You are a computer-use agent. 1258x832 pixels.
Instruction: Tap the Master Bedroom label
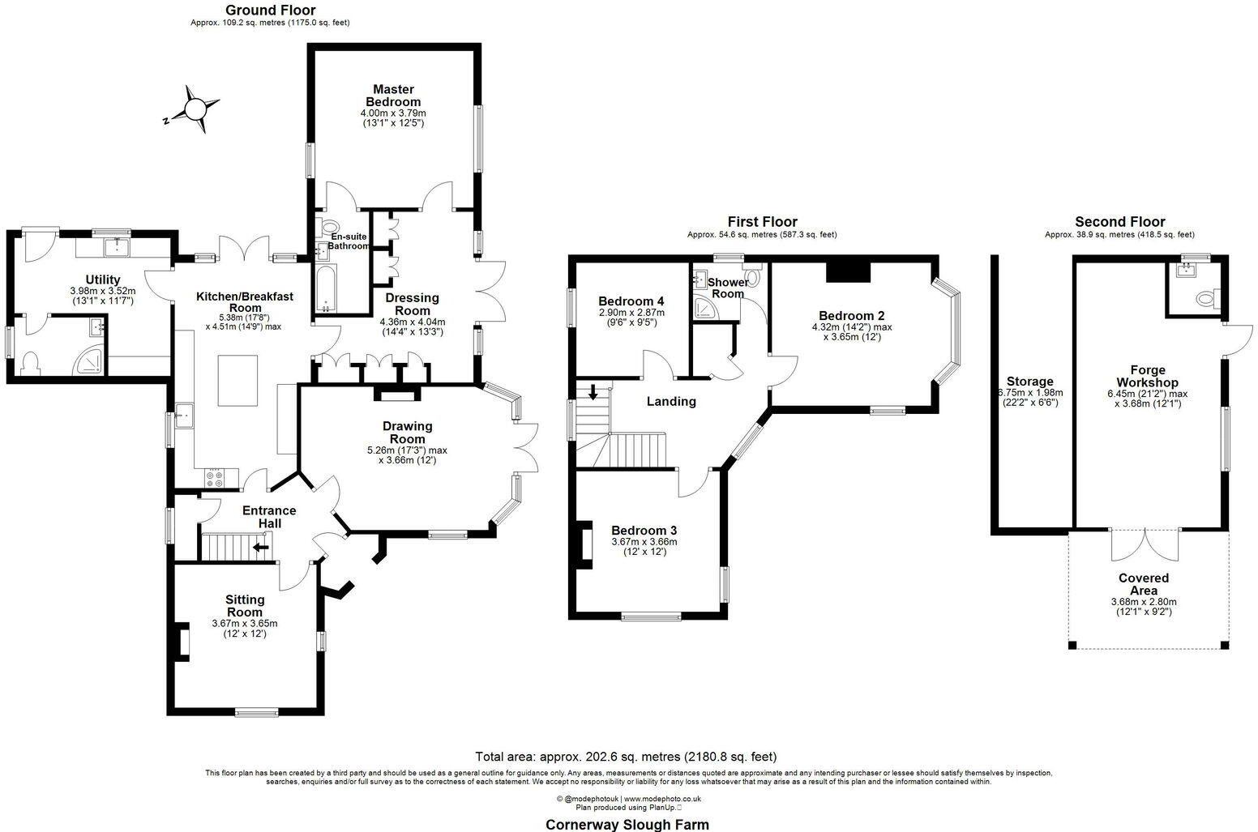(x=393, y=96)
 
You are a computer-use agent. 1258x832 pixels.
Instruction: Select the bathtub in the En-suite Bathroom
(x=327, y=288)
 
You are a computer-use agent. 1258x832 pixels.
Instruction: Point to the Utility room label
(x=103, y=279)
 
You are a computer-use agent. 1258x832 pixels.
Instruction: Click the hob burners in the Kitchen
(x=215, y=479)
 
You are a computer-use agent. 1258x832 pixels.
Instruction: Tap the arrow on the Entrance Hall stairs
(x=261, y=547)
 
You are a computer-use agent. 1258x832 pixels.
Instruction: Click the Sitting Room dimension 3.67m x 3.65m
(x=244, y=623)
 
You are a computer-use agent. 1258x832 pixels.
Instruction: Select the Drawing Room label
(x=408, y=425)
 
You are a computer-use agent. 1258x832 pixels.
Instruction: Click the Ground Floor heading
(x=270, y=10)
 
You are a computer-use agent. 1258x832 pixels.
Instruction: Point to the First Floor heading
(x=762, y=221)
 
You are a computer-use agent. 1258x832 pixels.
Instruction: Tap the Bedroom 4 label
(x=631, y=301)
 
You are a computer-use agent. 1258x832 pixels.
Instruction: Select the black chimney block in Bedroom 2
(x=848, y=271)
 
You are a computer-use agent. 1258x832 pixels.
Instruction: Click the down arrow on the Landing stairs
(x=593, y=393)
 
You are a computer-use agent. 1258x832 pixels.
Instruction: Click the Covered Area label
(x=1143, y=584)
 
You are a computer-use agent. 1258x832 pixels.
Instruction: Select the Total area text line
(x=626, y=757)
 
